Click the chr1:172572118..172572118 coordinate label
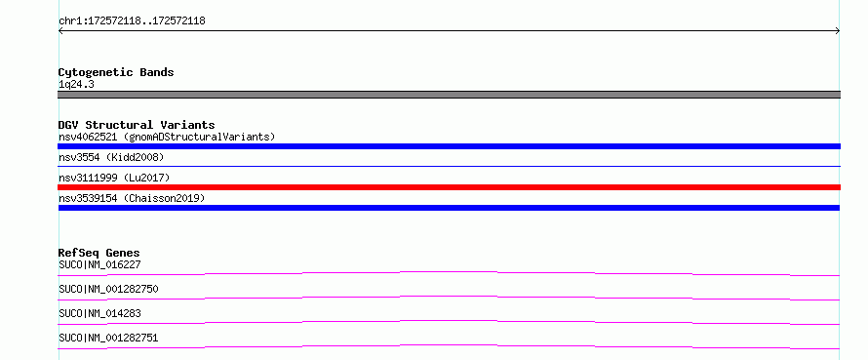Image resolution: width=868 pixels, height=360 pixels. click(132, 21)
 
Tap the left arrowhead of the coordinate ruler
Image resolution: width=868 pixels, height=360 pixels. click(60, 31)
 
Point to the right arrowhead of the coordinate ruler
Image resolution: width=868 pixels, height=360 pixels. click(838, 31)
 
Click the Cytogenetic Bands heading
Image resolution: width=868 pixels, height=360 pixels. click(116, 72)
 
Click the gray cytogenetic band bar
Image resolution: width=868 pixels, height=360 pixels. click(449, 95)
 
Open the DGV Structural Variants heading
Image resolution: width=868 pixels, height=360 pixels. click(137, 125)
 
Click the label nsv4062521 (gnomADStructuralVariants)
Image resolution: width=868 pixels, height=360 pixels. click(167, 137)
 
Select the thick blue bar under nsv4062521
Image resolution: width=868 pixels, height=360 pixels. click(449, 146)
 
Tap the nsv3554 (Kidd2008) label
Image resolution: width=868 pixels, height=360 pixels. click(111, 157)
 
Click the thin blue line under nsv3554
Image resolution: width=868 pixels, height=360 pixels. click(449, 166)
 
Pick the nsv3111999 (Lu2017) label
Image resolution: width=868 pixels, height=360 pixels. click(114, 178)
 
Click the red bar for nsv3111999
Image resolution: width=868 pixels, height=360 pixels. click(449, 187)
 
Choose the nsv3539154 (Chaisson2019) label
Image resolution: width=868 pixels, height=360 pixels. click(132, 198)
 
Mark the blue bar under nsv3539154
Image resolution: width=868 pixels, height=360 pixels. click(449, 208)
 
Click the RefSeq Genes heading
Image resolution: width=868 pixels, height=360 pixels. click(99, 254)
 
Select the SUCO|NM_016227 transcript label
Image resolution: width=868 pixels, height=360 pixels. click(99, 264)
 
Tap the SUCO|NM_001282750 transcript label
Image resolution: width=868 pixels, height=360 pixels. click(108, 289)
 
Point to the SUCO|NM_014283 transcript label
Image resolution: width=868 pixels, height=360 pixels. click(99, 313)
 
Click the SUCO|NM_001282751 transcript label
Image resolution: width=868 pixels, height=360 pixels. click(108, 338)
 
